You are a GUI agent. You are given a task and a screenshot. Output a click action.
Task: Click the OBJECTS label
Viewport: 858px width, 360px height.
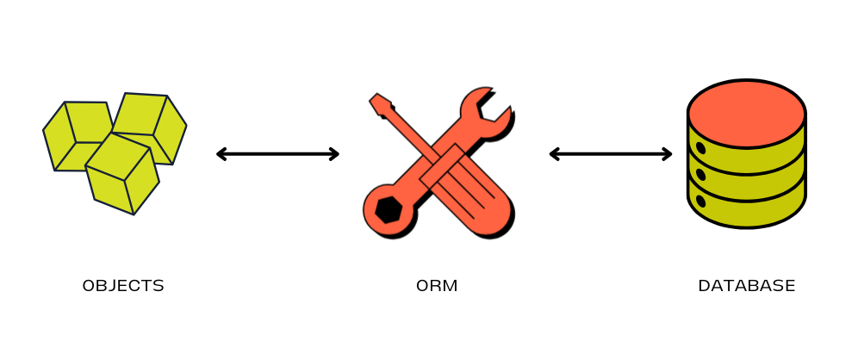[x=123, y=286]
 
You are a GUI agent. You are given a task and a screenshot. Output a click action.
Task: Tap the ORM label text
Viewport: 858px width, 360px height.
[x=437, y=286]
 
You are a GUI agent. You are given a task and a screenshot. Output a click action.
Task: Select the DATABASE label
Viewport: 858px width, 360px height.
[x=746, y=286]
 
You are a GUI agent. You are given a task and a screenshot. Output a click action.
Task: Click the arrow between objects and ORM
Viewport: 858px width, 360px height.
[x=277, y=154]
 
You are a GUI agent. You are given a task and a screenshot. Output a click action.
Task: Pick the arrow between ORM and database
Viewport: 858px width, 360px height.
[x=610, y=154]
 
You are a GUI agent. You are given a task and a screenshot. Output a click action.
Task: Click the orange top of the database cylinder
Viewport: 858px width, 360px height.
[x=746, y=113]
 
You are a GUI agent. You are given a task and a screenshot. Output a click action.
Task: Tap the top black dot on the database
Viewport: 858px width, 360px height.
[x=700, y=148]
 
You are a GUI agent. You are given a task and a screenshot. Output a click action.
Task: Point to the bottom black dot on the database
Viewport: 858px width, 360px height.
[x=700, y=201]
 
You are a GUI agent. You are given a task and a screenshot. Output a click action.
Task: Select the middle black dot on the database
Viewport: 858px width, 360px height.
[x=700, y=175]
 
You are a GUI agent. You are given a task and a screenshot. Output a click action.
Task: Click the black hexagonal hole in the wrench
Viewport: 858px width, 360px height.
[x=388, y=209]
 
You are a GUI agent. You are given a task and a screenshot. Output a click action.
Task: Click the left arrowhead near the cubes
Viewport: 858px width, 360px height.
[x=221, y=154]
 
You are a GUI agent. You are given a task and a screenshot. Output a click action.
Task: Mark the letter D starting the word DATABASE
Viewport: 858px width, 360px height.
[x=703, y=286]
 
